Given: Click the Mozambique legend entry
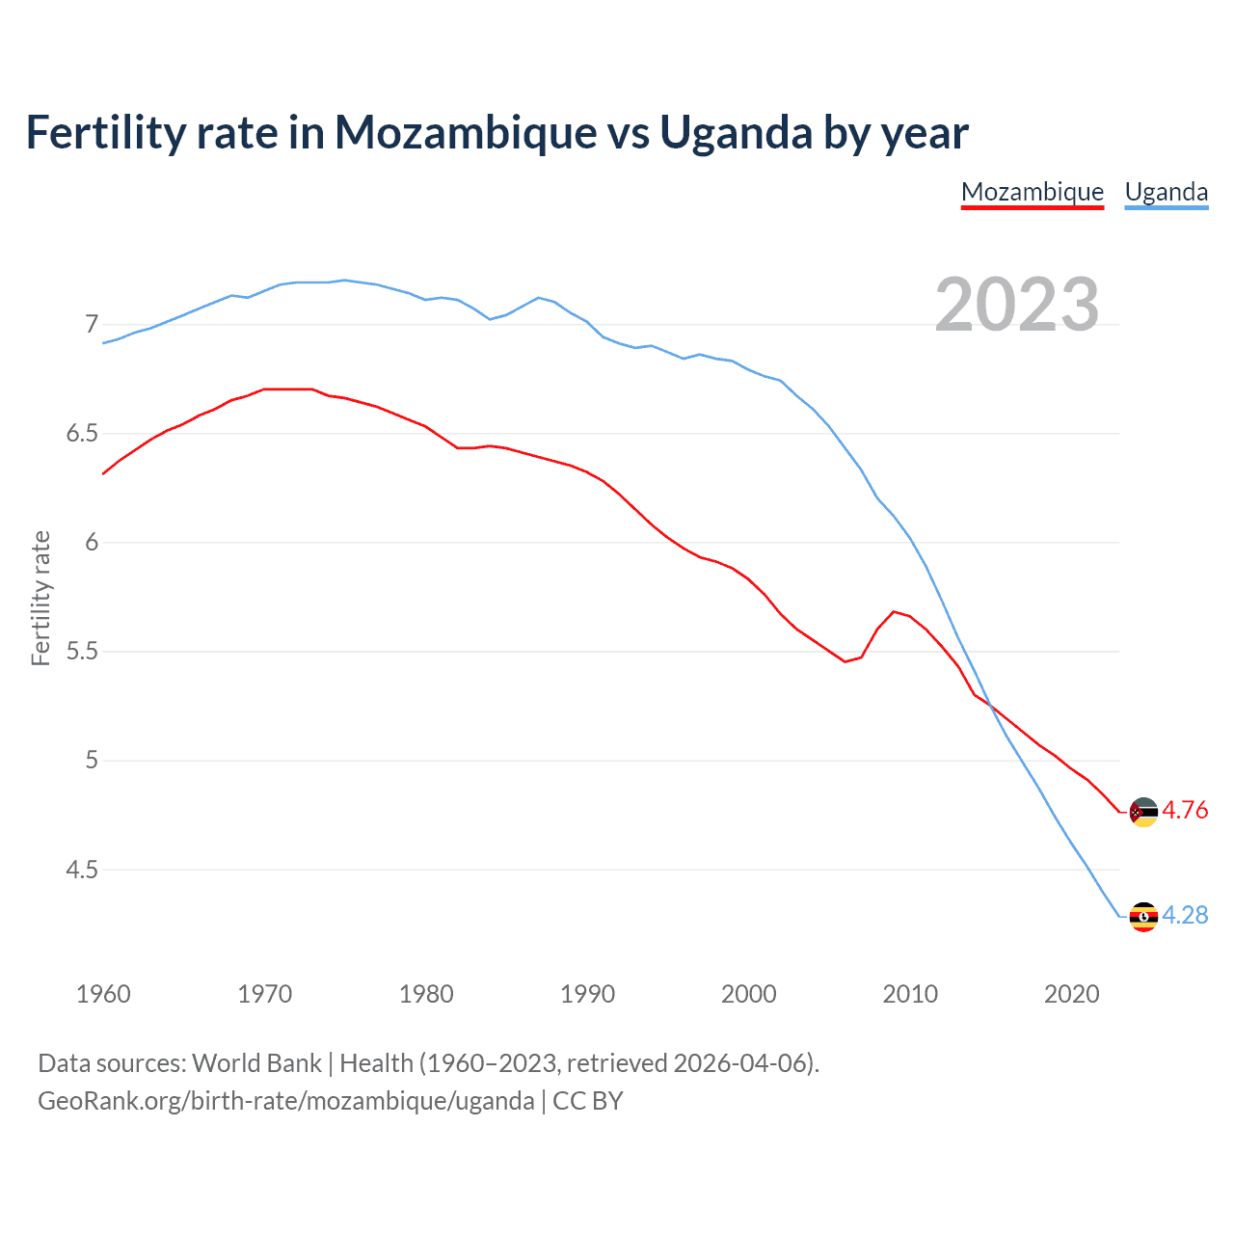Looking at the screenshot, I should pos(1032,192).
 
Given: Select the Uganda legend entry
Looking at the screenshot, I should pos(1166,192).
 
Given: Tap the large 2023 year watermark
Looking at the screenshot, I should pos(1016,305).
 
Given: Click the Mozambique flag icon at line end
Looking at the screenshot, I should pos(1142,812).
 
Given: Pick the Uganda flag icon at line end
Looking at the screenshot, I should pos(1142,916).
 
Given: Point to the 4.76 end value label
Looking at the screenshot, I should pos(1185,811).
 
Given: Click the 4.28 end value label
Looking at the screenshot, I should pos(1185,915).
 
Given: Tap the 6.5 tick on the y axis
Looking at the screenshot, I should pos(82,433).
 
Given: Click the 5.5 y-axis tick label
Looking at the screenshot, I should pos(82,651).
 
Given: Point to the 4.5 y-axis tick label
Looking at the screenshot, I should pos(82,870).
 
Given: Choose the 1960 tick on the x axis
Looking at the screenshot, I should pos(103,994).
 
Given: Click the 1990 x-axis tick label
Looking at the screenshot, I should pos(587,994).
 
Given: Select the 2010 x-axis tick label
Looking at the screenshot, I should pos(910,994).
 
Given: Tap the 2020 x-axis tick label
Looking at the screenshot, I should pos(1071,994).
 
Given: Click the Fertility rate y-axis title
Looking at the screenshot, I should pos(40,598).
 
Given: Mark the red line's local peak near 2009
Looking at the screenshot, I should pos(895,611).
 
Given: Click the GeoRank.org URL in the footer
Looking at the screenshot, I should pos(285,1100).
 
